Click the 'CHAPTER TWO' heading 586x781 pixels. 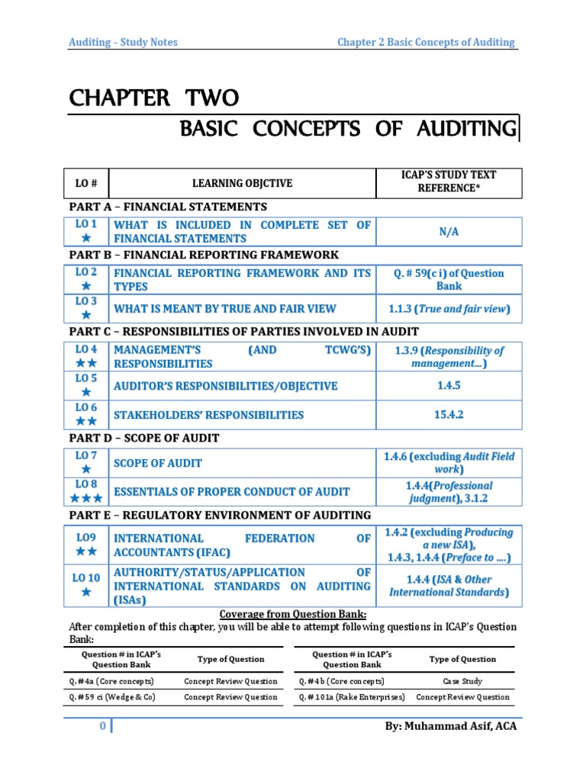(154, 98)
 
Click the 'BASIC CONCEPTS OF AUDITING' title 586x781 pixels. (348, 128)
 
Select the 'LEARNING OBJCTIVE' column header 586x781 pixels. (242, 183)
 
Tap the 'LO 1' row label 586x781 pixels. (86, 224)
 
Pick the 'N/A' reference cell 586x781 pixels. (448, 231)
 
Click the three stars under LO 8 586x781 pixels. (86, 499)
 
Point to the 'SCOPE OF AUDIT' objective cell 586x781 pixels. (158, 463)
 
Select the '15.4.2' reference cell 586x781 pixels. (448, 414)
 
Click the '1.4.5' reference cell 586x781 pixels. (448, 386)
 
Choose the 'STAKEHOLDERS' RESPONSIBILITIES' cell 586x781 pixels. (208, 415)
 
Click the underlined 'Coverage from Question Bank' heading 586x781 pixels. (293, 614)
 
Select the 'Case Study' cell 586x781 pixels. (462, 681)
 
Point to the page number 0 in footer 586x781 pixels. (102, 726)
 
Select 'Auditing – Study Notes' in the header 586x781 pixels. (123, 42)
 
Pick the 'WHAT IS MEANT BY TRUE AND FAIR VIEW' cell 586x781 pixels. (225, 309)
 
